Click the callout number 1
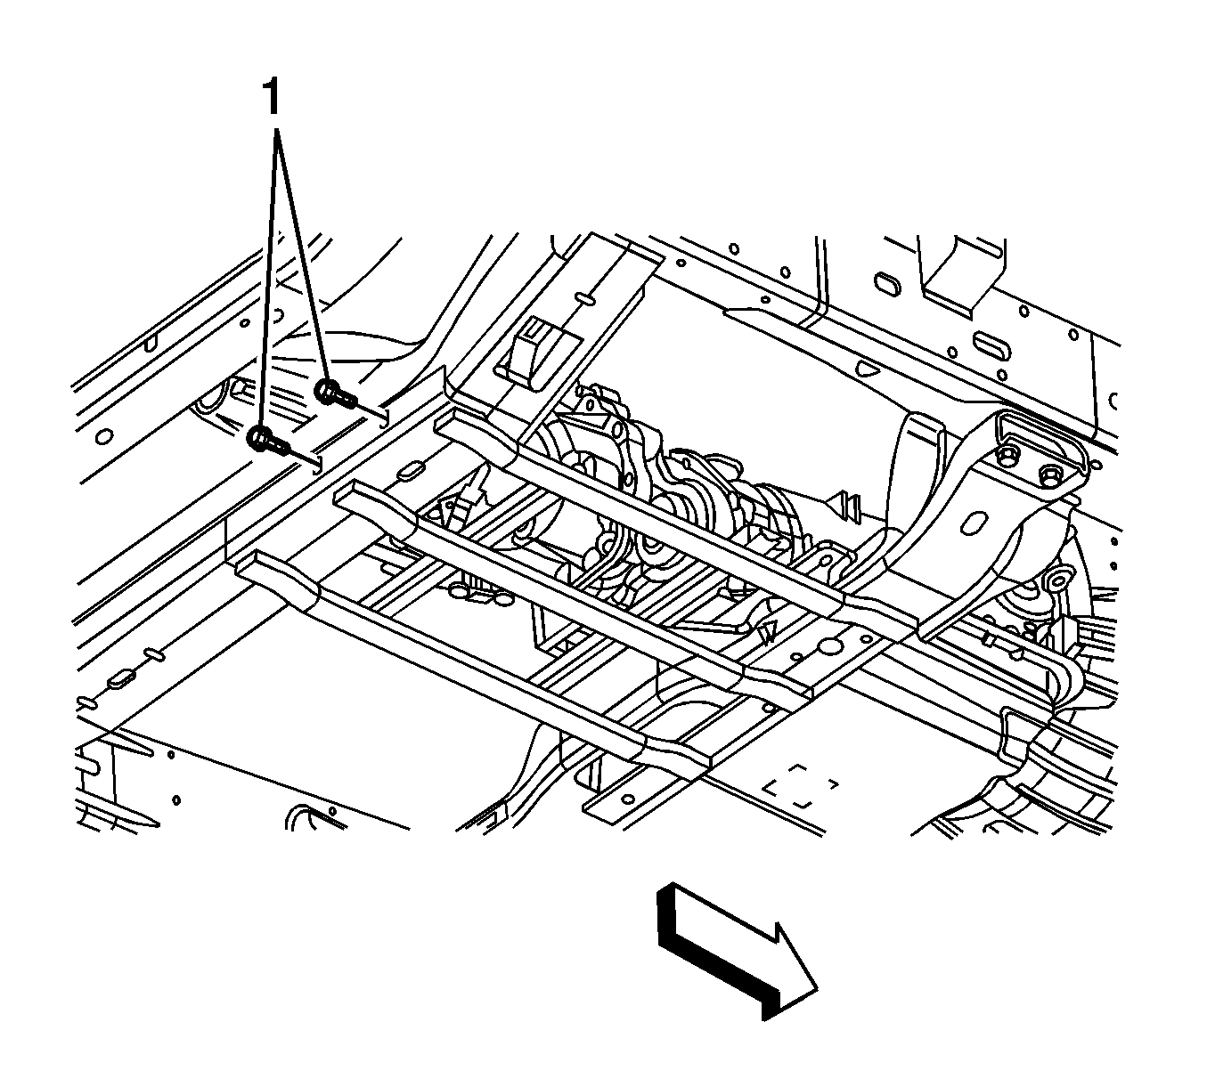[x=273, y=97]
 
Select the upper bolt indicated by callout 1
[x=335, y=394]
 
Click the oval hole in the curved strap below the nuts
[x=975, y=523]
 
